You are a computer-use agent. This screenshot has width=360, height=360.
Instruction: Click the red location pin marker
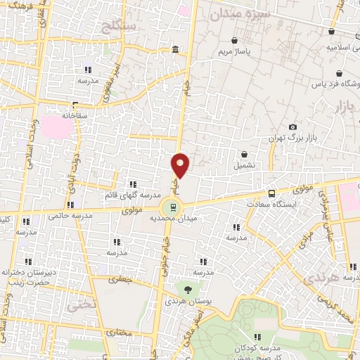(x=181, y=165)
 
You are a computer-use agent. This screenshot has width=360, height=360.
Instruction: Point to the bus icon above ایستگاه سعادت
(x=271, y=193)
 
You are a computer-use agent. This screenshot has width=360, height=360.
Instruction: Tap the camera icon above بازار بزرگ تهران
(x=292, y=127)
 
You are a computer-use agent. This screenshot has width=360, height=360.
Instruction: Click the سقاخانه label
(x=72, y=114)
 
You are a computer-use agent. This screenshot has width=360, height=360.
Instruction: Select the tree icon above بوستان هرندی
(x=187, y=289)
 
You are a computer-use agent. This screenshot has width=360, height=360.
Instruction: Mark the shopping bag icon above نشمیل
(x=244, y=155)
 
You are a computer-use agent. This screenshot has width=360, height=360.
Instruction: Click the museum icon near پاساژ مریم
(x=174, y=49)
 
